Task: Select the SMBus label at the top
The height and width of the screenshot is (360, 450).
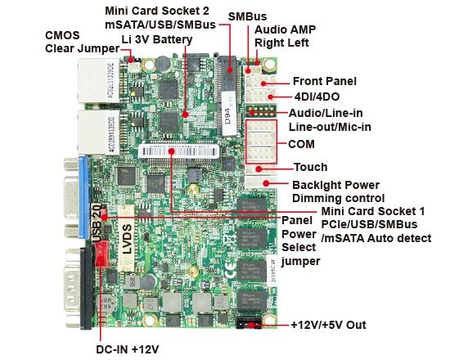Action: coord(245,16)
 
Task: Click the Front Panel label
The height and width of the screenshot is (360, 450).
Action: coord(324,81)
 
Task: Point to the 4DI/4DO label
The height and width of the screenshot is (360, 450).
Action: coord(318,97)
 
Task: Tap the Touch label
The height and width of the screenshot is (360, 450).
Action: coord(310,168)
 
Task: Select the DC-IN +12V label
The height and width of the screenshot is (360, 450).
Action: coord(128,349)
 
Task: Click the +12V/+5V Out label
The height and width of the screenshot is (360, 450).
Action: coord(329,325)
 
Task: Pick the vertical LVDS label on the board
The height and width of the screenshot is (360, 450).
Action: coord(127,238)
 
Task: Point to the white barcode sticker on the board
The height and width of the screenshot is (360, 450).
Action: coord(181,152)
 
